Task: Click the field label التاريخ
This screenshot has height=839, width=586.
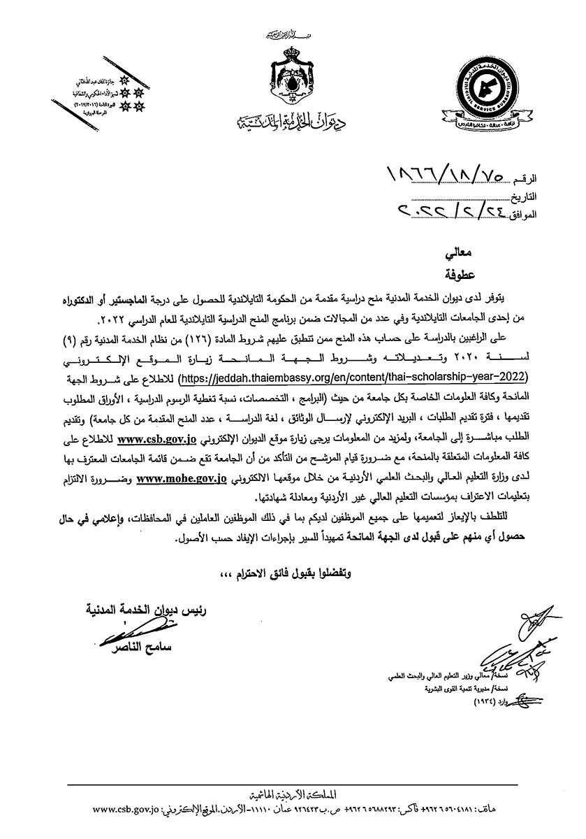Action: coord(538,197)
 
